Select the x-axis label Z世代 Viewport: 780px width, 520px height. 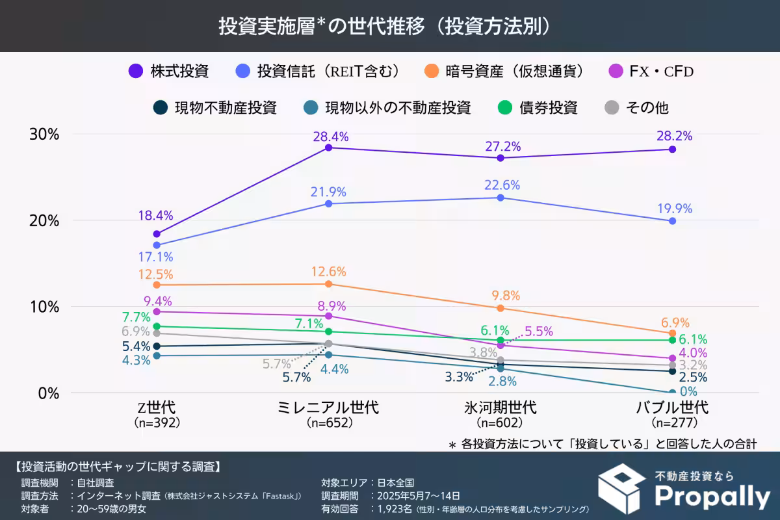(157, 408)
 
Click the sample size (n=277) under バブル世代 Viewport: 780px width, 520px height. (672, 422)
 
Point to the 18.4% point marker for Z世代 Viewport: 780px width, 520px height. (157, 234)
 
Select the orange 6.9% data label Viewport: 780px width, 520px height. (675, 323)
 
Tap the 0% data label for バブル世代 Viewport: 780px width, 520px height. (687, 391)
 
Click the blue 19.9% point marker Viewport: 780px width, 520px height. (672, 221)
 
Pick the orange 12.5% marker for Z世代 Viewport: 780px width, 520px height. (157, 285)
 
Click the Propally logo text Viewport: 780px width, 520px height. (711, 497)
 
